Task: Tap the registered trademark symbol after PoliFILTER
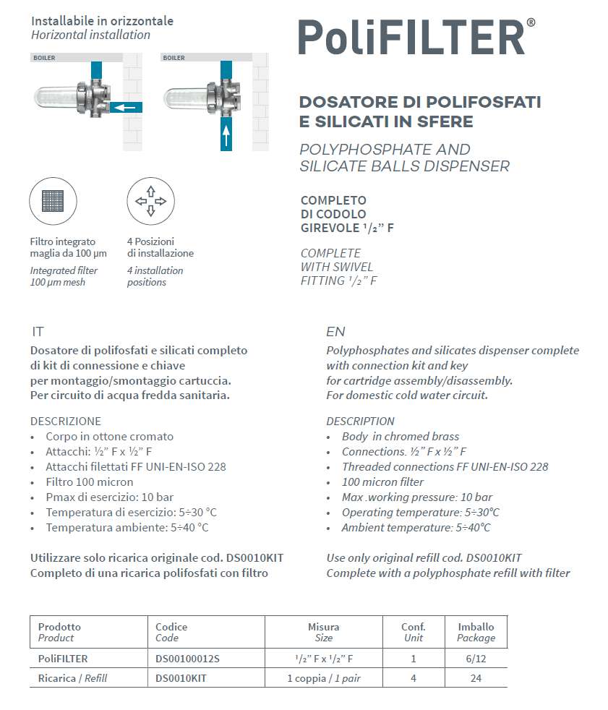click(531, 23)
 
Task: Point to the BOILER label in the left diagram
click(44, 57)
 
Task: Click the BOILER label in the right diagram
click(174, 57)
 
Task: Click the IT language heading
click(38, 332)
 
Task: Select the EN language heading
click(335, 332)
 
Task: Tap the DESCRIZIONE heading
click(66, 421)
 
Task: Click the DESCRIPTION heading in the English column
click(360, 421)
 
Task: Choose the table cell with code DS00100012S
click(187, 659)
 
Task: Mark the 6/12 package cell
click(476, 659)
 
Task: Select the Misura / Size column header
click(323, 632)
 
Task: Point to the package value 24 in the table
click(476, 678)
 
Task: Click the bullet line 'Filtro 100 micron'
click(89, 482)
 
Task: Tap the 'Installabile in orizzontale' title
click(102, 21)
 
